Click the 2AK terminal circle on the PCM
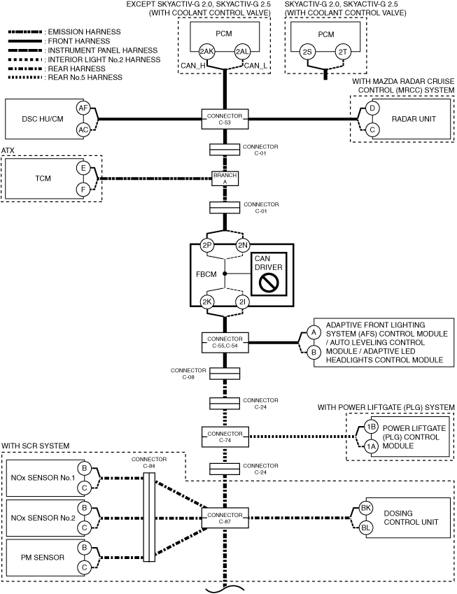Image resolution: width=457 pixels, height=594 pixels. [206, 52]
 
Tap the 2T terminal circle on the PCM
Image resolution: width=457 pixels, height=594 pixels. [342, 52]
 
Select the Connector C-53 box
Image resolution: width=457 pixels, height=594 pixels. [225, 119]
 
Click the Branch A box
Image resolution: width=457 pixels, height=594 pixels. [225, 178]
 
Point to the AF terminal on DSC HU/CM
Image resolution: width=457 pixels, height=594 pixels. [83, 108]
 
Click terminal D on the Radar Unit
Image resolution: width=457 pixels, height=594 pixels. [372, 108]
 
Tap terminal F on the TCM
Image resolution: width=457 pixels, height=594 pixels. [83, 189]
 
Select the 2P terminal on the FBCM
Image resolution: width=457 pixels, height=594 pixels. [207, 246]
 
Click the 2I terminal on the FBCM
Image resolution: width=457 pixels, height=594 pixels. [243, 302]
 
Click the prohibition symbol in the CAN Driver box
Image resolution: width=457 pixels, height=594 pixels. [268, 283]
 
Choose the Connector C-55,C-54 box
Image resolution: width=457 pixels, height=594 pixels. [225, 342]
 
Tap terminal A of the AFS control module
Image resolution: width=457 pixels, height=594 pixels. [314, 332]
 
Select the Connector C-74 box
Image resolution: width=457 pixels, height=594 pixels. [225, 437]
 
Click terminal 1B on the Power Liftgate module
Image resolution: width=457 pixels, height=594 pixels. [372, 427]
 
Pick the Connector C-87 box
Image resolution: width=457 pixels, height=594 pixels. [225, 518]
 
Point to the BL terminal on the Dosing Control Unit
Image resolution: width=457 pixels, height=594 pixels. [366, 528]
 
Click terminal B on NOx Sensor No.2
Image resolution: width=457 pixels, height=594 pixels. [84, 508]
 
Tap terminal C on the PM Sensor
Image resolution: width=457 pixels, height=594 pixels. [84, 567]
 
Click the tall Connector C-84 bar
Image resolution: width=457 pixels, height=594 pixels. [149, 518]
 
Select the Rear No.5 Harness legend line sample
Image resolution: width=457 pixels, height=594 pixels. [25, 78]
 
